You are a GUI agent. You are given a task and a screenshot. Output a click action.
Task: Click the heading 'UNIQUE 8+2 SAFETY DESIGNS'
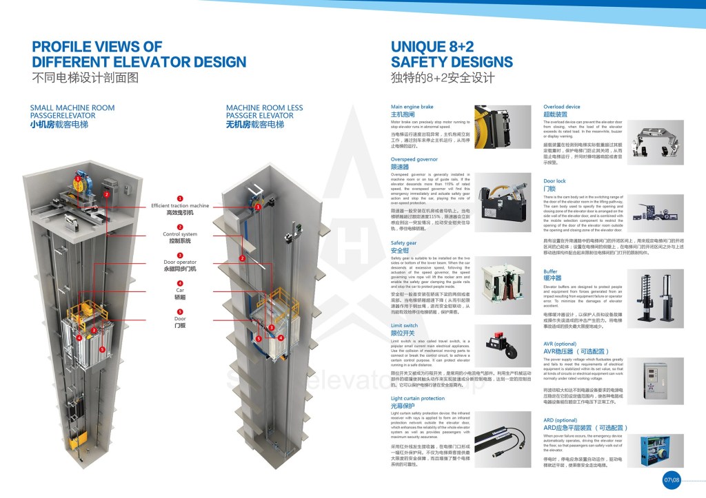pos(452,54)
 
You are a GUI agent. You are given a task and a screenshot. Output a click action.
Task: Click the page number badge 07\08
pos(671,479)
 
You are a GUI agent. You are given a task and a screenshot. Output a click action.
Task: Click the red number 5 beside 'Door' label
pos(180,311)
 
